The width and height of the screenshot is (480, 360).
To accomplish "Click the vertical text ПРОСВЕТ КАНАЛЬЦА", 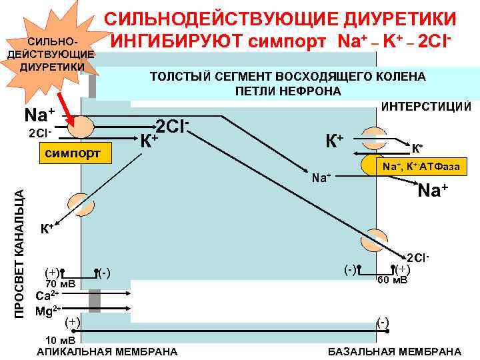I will [x=20, y=253].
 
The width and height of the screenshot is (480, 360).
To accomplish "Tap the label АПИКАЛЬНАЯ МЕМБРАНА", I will [x=107, y=351].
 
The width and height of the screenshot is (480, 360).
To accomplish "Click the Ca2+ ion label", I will [x=46, y=295].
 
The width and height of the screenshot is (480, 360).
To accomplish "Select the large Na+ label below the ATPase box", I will [x=432, y=191].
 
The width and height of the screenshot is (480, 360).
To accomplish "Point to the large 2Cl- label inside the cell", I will [x=174, y=125].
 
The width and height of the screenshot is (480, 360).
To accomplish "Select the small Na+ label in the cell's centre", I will [x=322, y=177].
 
